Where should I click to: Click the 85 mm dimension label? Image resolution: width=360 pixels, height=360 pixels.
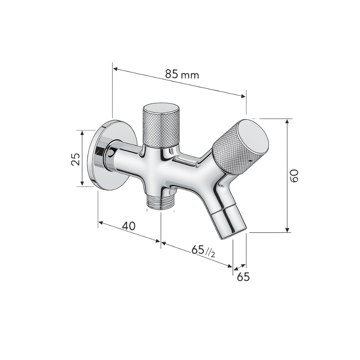[182, 75]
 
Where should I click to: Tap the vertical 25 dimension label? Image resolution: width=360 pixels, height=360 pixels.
[75, 159]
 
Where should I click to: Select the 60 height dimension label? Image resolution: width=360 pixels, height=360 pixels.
[295, 175]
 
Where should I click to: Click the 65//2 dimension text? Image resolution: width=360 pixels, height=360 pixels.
[203, 251]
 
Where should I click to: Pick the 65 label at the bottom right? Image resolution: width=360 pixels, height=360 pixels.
[243, 277]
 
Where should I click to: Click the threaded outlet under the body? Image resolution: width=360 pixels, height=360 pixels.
[161, 202]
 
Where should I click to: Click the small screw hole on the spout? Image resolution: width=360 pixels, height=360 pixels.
[221, 185]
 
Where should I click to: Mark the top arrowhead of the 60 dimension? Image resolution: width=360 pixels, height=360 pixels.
[288, 121]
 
